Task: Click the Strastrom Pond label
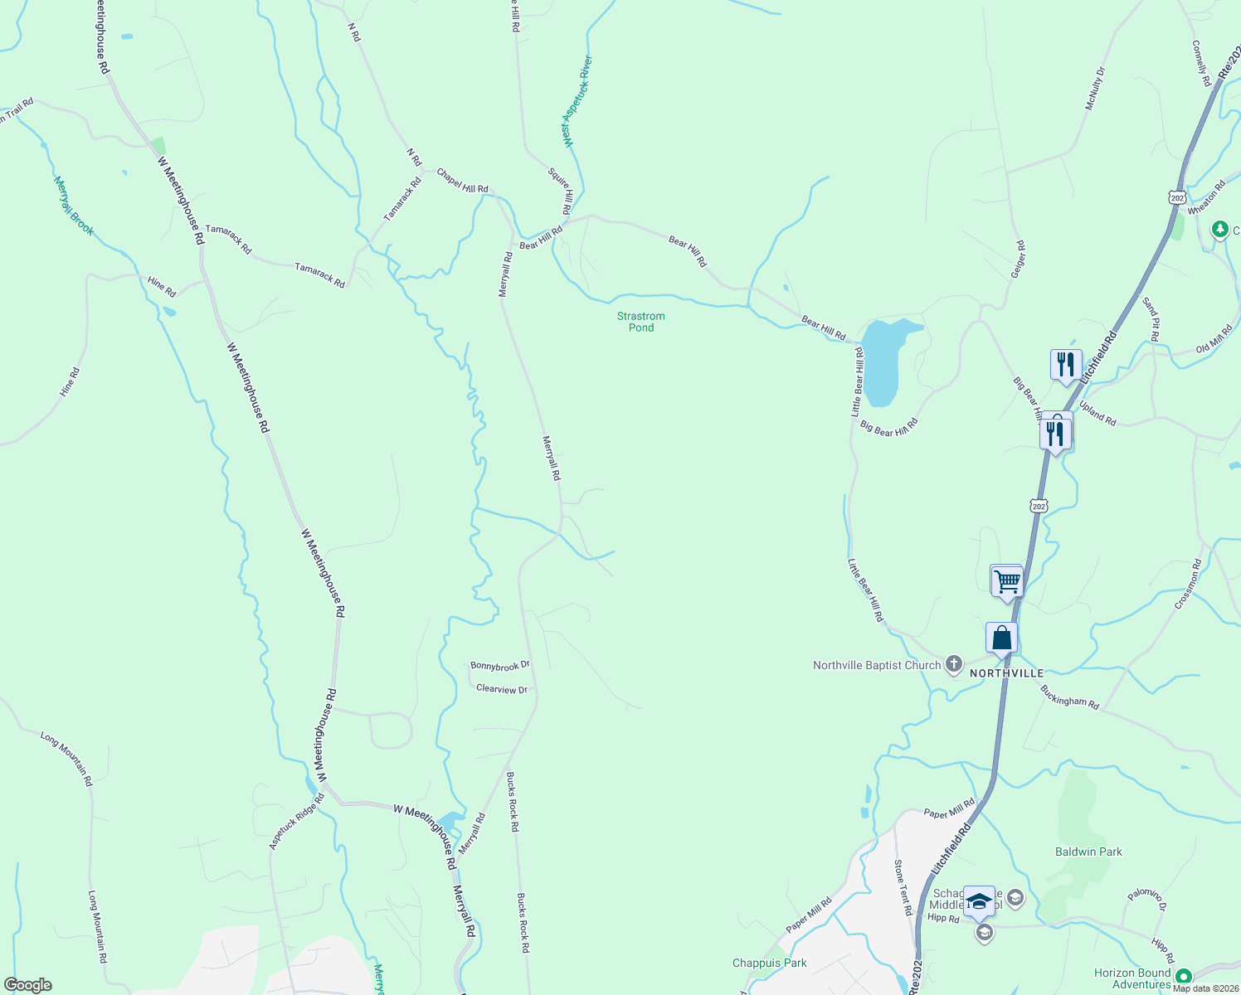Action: click(640, 322)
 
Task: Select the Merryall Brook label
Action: click(74, 206)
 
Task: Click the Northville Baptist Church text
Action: click(877, 665)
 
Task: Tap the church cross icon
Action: click(955, 664)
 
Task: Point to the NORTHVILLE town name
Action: click(1006, 673)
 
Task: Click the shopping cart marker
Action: click(1007, 581)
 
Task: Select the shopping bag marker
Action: click(1001, 638)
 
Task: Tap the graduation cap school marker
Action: click(979, 902)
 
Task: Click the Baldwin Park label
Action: click(1088, 852)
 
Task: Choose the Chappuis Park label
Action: click(769, 963)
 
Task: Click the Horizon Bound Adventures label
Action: click(1131, 978)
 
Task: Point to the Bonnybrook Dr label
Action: click(499, 666)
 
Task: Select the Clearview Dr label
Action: click(501, 689)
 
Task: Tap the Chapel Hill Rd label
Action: click(462, 181)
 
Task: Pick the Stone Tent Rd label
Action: click(903, 887)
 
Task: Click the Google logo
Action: click(27, 985)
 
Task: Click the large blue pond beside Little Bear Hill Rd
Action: click(883, 361)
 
